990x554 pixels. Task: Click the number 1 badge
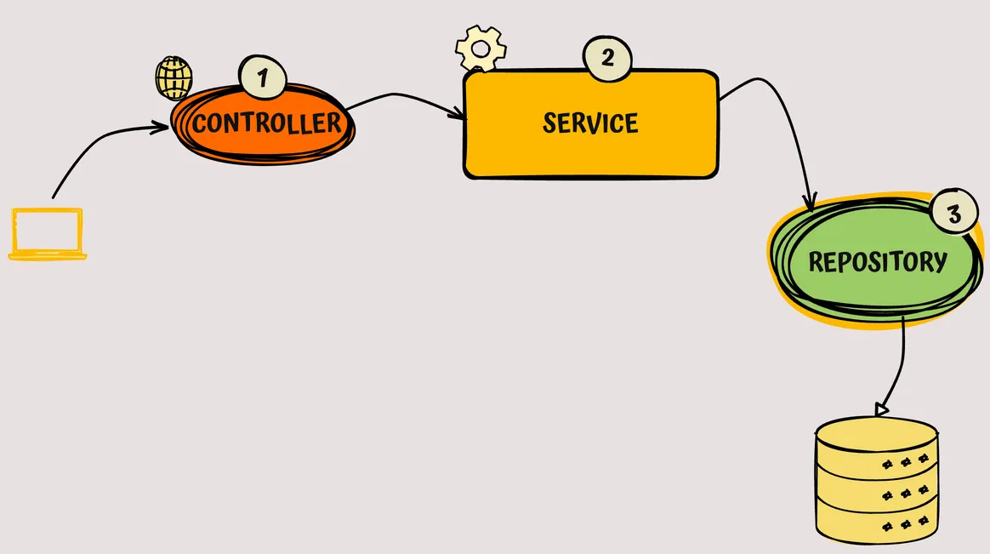(263, 78)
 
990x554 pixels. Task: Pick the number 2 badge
(607, 59)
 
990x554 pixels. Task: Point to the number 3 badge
(953, 214)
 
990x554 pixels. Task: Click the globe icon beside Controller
(174, 79)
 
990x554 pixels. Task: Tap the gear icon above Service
(481, 49)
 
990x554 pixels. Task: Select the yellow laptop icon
(48, 234)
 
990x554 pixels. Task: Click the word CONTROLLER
(266, 123)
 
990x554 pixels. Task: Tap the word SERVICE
(590, 123)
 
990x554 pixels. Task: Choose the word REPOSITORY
(877, 261)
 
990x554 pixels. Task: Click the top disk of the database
(876, 434)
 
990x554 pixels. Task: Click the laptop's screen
(48, 230)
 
